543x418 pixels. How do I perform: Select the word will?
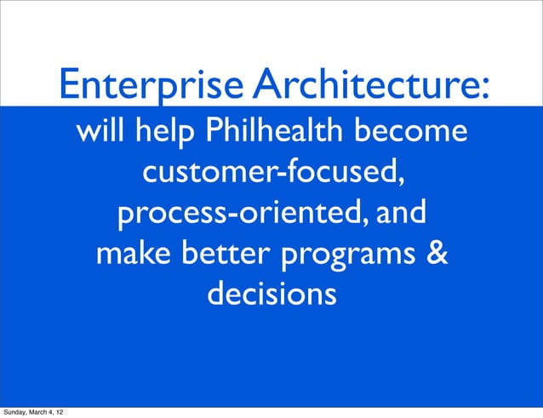pyautogui.click(x=100, y=134)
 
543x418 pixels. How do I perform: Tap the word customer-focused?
pyautogui.click(x=269, y=175)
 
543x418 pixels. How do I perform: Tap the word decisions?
pyautogui.click(x=271, y=295)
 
